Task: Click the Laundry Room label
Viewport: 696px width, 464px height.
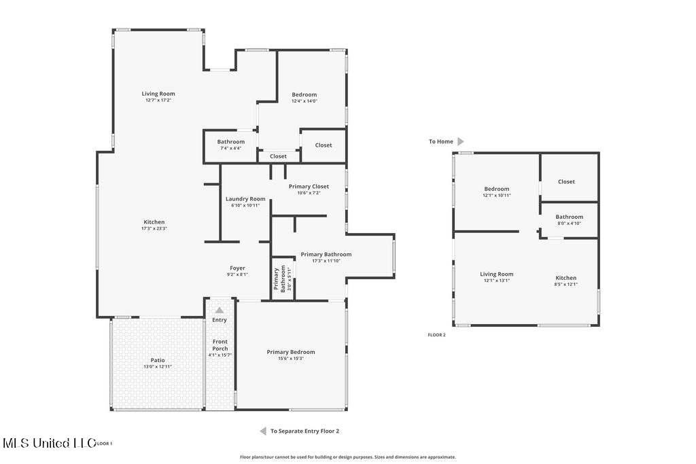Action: [245, 199]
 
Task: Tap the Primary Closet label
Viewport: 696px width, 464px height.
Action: [309, 186]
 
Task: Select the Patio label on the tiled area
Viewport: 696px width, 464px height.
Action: [158, 360]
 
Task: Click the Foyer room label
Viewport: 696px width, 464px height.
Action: [237, 268]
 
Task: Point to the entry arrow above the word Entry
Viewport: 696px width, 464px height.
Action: [220, 310]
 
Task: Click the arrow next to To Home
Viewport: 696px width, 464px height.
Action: [461, 141]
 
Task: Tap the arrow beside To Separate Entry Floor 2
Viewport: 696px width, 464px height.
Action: [263, 431]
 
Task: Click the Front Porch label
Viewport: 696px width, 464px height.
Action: [220, 345]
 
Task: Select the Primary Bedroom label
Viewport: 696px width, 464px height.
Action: [291, 352]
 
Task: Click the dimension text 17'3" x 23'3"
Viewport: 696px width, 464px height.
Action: [154, 228]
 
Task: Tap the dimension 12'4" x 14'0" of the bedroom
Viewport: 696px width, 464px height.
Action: [304, 101]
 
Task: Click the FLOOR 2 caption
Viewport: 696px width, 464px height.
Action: [437, 335]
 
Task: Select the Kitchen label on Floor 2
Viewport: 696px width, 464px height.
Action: [566, 278]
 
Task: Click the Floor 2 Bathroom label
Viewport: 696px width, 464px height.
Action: [570, 217]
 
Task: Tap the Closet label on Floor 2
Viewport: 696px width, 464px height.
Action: [566, 181]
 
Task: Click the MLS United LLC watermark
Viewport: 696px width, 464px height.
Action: [50, 443]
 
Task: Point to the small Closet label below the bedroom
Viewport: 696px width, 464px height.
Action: [278, 156]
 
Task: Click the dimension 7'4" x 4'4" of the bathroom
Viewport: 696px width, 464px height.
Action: [231, 148]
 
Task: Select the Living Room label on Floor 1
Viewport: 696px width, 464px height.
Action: [158, 94]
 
